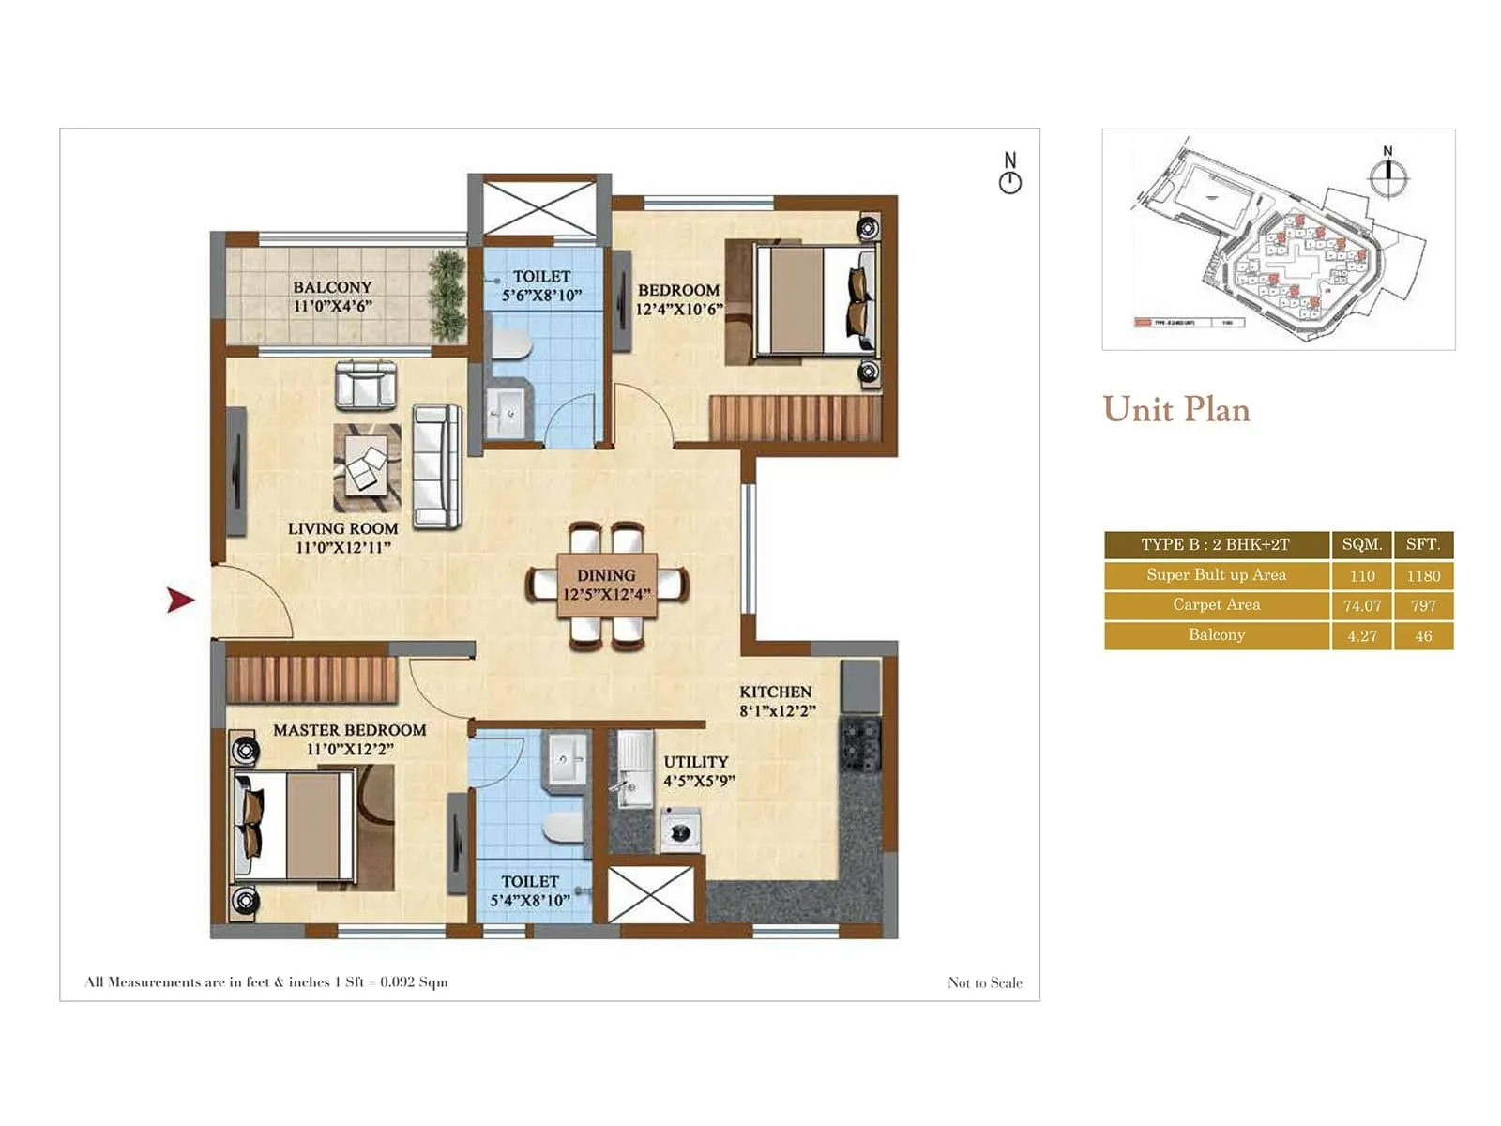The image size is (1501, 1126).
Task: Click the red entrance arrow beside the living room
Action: click(x=180, y=600)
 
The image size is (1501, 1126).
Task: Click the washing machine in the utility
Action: click(x=680, y=830)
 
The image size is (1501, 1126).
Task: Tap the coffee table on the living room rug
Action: click(x=365, y=467)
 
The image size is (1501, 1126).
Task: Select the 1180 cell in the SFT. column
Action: click(x=1422, y=575)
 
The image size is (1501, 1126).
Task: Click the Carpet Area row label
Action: click(x=1216, y=605)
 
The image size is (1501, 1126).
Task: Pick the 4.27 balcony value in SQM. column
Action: click(x=1361, y=635)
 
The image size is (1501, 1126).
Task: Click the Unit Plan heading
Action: click(x=1176, y=410)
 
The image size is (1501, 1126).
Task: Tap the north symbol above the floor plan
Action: click(x=1010, y=174)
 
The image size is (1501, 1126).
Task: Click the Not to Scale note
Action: click(x=984, y=982)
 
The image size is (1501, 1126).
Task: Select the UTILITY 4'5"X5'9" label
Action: click(x=698, y=770)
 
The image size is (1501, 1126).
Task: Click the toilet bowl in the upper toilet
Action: click(x=511, y=343)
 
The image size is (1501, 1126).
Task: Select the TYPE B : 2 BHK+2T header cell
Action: click(x=1216, y=544)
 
